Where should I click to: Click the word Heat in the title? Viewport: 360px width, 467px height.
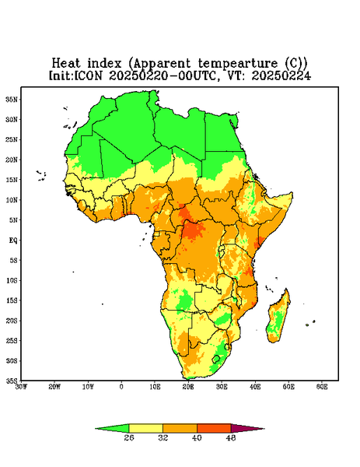pyautogui.click(x=66, y=64)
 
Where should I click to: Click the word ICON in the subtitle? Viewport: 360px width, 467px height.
pyautogui.click(x=88, y=75)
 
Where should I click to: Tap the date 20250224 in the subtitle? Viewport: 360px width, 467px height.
pyautogui.click(x=281, y=75)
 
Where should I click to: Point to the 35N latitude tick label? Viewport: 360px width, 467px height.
pyautogui.click(x=12, y=99)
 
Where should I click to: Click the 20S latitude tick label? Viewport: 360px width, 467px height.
pyautogui.click(x=12, y=321)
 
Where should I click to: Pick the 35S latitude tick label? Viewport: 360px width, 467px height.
pyautogui.click(x=12, y=381)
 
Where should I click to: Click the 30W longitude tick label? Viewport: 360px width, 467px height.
pyautogui.click(x=21, y=387)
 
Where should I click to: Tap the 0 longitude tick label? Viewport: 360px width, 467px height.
pyautogui.click(x=121, y=387)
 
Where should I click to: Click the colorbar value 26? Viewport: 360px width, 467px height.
pyautogui.click(x=129, y=437)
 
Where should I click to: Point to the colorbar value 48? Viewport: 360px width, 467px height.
pyautogui.click(x=231, y=437)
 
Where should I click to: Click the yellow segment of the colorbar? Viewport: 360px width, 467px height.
pyautogui.click(x=145, y=428)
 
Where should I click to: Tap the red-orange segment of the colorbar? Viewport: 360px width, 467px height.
pyautogui.click(x=214, y=428)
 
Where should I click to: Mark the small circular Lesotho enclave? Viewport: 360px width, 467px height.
pyautogui.click(x=216, y=359)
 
